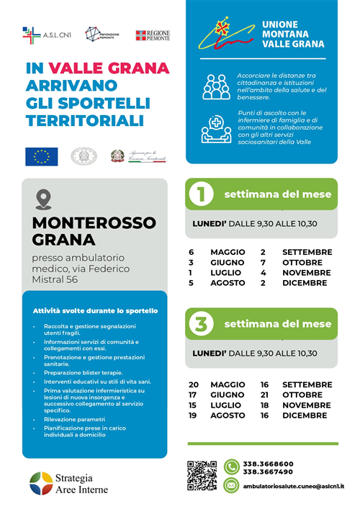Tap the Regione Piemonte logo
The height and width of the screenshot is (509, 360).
point(153,35)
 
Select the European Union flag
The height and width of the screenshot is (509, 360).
point(41,156)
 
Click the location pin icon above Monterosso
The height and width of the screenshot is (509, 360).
point(43,199)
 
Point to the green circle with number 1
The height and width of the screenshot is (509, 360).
point(202,194)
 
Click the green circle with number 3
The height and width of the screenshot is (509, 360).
point(202,324)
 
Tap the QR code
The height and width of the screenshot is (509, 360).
point(202,475)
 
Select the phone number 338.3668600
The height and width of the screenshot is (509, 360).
point(268,464)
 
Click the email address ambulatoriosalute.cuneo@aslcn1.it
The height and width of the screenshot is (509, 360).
point(293,487)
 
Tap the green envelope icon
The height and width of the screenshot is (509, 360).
point(231,486)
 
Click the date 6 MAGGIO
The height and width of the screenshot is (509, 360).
point(217,253)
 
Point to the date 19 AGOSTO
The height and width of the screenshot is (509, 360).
point(217,415)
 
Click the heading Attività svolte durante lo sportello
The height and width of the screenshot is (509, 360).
point(96,310)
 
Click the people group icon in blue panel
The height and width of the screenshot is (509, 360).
point(216,86)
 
